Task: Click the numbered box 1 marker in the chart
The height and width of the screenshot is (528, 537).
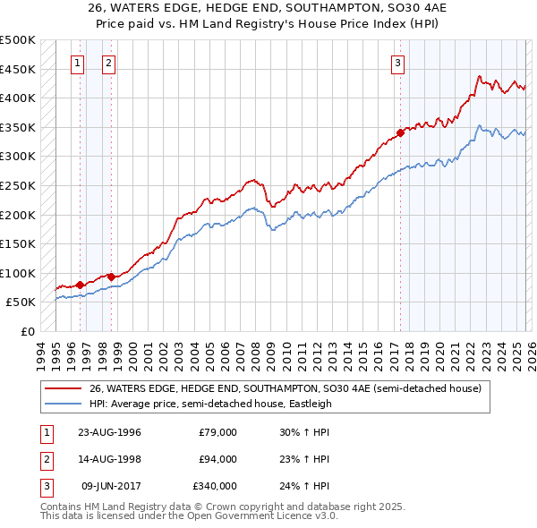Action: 79,63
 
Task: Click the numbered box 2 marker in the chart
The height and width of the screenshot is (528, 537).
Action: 108,63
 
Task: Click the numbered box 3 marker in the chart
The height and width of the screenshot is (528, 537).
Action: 397,63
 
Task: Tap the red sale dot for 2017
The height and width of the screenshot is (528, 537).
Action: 400,132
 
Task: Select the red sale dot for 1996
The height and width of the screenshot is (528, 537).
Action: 80,285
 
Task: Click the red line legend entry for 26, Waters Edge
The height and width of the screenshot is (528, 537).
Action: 285,388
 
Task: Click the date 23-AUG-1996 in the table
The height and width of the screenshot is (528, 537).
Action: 109,432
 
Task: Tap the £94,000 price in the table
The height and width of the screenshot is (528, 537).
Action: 217,459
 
